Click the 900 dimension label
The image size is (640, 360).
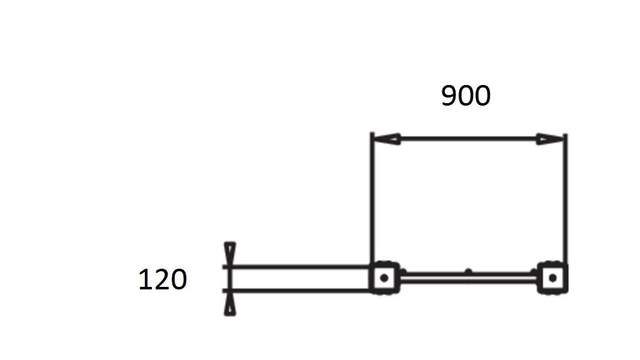point(466,96)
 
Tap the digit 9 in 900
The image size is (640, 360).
point(449,96)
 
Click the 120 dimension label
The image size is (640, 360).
point(162,279)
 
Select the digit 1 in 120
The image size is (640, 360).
point(145,279)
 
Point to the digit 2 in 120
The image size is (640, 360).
point(162,279)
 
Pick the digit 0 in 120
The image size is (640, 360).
point(179,279)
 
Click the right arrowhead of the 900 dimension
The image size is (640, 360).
point(550,139)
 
